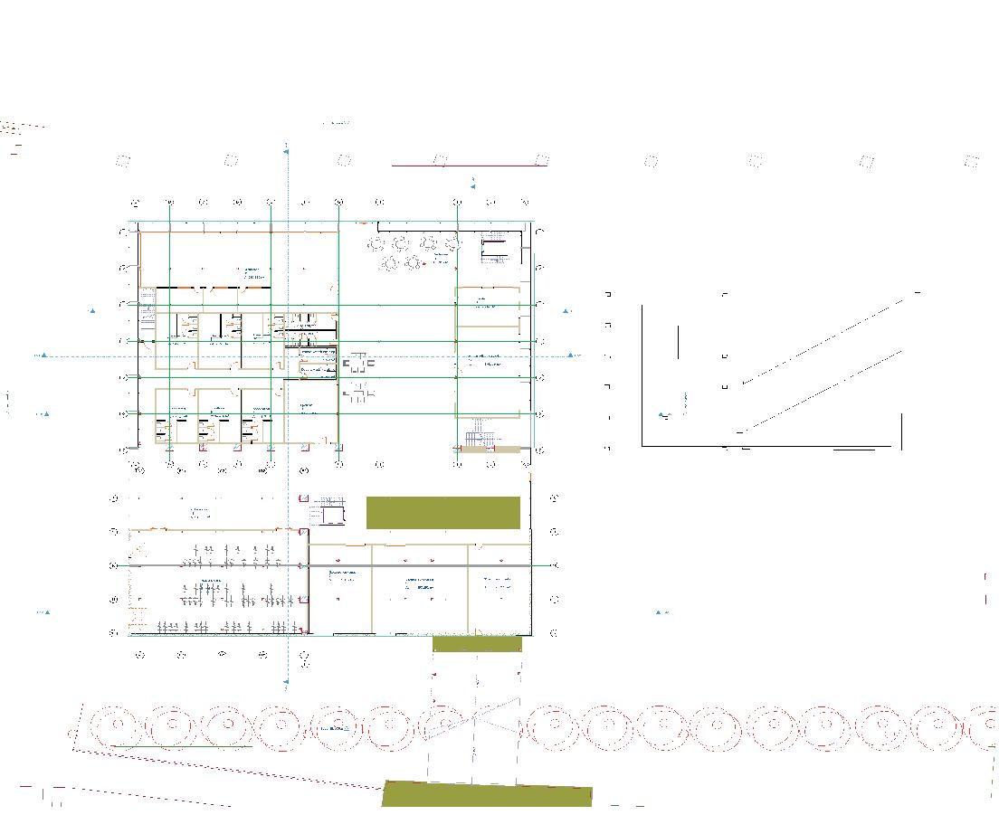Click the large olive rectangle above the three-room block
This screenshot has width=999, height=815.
[x=443, y=512]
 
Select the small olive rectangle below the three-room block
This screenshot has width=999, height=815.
[x=477, y=643]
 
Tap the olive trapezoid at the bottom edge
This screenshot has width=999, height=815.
[x=487, y=795]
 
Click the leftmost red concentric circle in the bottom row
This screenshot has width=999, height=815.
[x=117, y=725]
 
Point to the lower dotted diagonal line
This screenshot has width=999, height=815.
[x=823, y=389]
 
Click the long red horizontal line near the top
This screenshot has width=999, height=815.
[x=469, y=166]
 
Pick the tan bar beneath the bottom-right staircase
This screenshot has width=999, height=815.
[x=488, y=449]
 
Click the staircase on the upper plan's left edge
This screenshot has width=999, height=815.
[x=147, y=305]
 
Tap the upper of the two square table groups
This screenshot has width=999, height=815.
[x=358, y=364]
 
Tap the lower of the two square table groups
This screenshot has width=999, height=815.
[x=358, y=392]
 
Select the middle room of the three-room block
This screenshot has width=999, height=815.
[x=420, y=588]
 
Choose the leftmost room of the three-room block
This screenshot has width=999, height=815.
[x=341, y=588]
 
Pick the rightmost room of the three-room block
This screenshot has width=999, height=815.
[x=499, y=588]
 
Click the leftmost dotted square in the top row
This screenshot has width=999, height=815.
[x=124, y=161]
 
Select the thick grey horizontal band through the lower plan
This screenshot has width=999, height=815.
[x=217, y=565]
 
